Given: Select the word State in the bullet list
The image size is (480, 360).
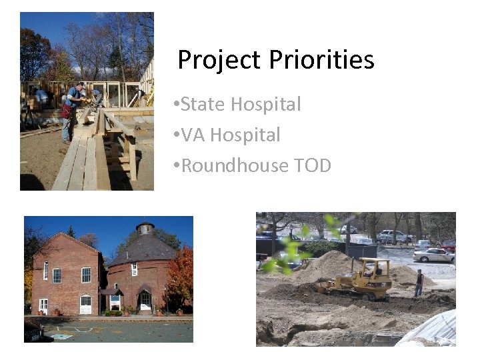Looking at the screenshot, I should [x=204, y=105].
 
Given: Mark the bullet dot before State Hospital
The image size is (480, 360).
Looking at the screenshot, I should [x=174, y=105].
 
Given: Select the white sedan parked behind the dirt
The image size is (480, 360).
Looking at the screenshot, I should [x=433, y=255].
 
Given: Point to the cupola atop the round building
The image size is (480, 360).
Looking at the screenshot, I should [x=145, y=228].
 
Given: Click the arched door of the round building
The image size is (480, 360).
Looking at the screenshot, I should [x=145, y=301].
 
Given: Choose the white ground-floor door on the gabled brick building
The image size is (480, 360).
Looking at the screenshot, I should [x=85, y=305].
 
